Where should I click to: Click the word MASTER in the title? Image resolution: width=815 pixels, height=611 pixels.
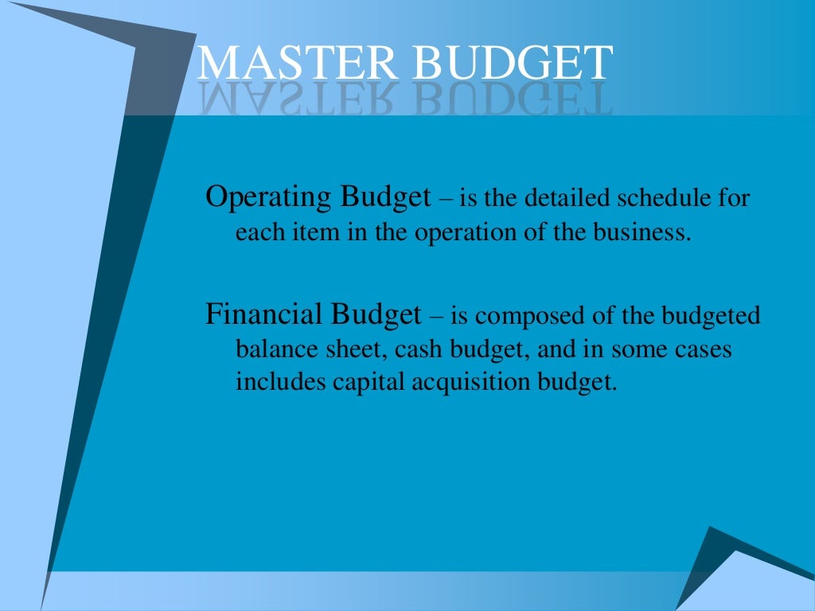298,63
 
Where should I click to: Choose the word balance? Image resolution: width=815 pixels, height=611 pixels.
271,350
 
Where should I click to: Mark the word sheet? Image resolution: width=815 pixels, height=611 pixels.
350,349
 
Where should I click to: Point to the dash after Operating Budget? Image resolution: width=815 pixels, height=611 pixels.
445,199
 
